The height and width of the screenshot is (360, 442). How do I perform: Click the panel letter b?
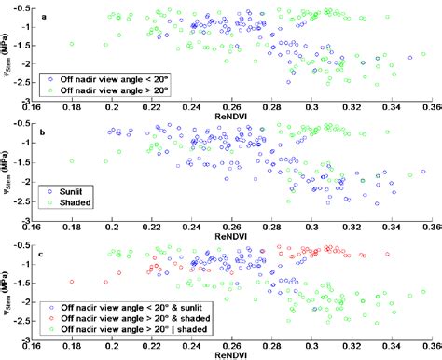click(45, 133)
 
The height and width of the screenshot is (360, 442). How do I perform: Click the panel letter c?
click(45, 252)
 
